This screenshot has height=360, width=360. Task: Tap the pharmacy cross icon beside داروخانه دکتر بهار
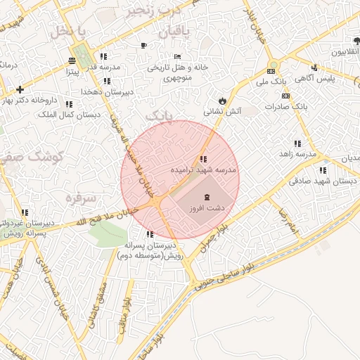click(20, 89)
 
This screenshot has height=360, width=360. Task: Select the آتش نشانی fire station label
click(222, 111)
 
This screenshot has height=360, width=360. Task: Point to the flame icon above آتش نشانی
click(223, 100)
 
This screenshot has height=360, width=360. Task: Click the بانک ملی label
click(279, 83)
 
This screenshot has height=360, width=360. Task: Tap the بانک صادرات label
click(287, 106)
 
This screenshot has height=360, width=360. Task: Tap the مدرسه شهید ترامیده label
click(204, 170)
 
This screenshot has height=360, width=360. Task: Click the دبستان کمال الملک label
click(68, 114)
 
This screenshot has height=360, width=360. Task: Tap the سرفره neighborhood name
click(79, 198)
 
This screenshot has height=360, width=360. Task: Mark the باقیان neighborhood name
click(160, 32)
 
